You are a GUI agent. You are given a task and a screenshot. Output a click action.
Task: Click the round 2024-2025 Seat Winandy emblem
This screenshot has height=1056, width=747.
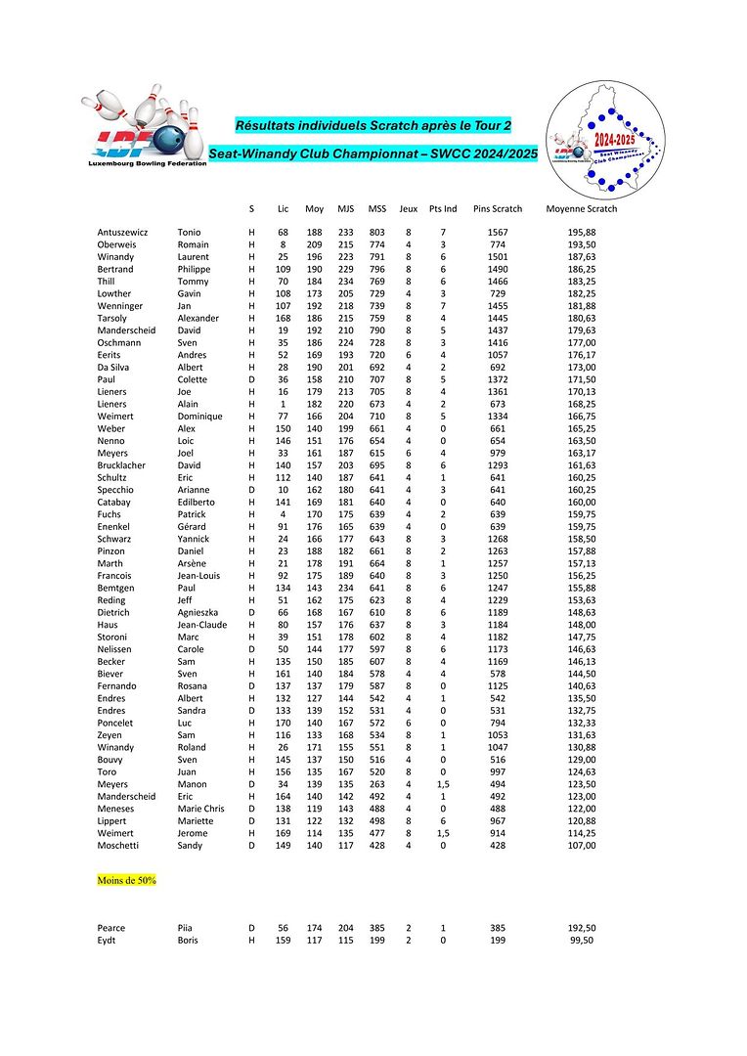606,137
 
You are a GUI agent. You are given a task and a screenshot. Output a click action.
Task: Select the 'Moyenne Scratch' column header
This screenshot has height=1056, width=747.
581,208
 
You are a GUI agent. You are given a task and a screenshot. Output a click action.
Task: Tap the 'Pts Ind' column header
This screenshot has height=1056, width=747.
443,208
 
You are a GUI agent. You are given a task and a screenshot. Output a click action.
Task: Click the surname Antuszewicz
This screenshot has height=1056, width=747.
123,232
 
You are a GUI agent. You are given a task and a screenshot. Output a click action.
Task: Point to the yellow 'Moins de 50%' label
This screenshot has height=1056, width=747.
126,880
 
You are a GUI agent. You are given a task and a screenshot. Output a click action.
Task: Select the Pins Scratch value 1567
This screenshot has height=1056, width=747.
497,232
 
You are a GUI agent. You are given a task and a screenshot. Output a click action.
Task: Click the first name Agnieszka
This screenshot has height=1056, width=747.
199,612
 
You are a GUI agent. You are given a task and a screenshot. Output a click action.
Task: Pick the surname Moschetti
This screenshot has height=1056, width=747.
120,845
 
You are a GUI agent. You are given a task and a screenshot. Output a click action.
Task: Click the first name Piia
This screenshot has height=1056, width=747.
186,928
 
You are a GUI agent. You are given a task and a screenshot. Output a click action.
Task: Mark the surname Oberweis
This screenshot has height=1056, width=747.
117,244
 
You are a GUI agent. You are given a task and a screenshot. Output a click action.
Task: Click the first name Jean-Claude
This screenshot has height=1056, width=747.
201,625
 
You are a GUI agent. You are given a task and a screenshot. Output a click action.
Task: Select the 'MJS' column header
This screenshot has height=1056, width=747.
346,208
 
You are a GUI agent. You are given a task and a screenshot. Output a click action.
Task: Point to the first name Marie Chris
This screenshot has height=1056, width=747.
200,809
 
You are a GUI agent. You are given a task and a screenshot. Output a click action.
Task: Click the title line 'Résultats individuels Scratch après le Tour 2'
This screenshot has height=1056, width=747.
373,125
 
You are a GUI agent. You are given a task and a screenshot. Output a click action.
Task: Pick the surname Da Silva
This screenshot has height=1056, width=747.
114,367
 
